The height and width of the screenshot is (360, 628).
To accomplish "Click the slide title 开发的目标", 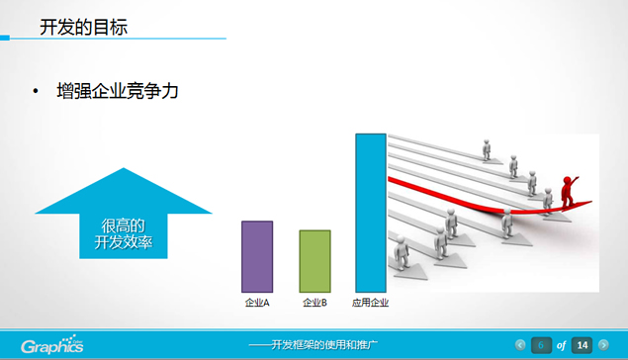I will [82, 27].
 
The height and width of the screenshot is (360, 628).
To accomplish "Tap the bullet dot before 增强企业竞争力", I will [36, 93].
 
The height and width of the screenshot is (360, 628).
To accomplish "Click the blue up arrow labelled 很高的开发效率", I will [124, 222].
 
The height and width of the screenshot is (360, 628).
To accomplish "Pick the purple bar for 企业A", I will [257, 256].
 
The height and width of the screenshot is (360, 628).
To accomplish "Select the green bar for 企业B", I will [314, 260].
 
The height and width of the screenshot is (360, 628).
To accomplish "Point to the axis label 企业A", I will [257, 302].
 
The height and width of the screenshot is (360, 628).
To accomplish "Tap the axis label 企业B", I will [314, 302].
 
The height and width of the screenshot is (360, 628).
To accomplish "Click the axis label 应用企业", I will [371, 302].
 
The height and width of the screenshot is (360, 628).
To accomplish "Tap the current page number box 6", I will [541, 345].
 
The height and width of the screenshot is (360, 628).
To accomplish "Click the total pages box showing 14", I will [583, 345].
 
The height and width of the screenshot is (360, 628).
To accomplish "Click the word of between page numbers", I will [562, 345].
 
